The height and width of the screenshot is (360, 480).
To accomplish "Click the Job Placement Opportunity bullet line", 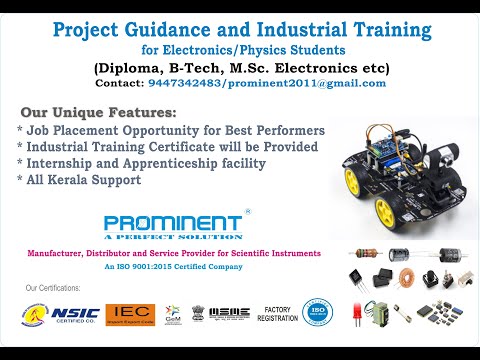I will coord(170,131).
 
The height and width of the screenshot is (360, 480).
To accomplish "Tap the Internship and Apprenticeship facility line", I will coord(149,164).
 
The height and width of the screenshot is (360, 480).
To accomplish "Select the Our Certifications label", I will coord(52,289).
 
